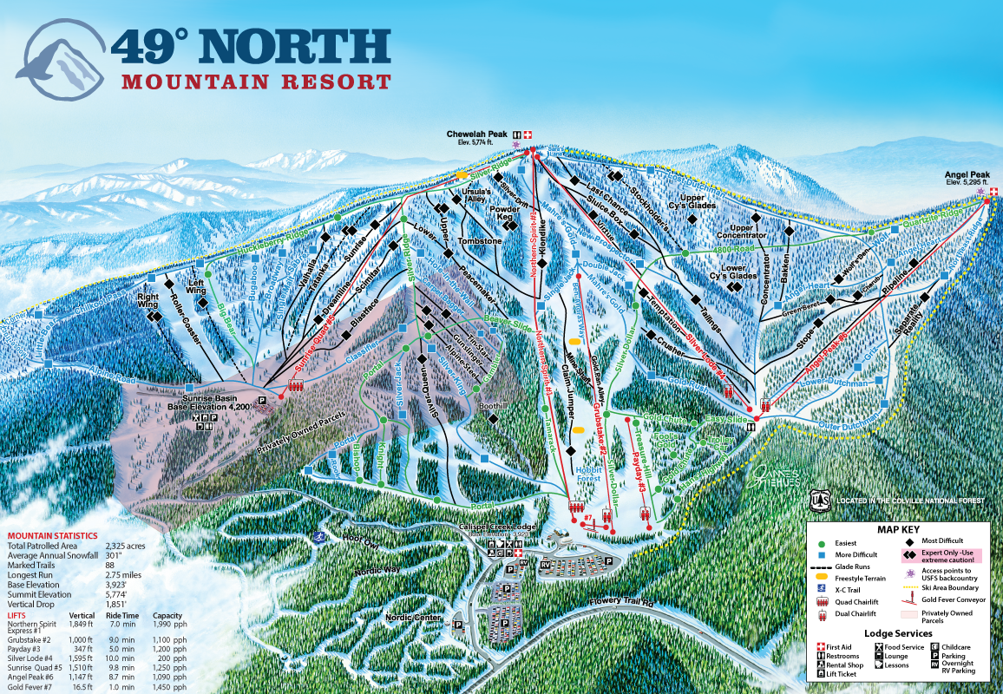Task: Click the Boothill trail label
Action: point(492,405)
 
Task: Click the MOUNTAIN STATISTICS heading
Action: point(52,536)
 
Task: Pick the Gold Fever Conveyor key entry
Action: point(947,599)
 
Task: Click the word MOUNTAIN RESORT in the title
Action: point(256,82)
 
